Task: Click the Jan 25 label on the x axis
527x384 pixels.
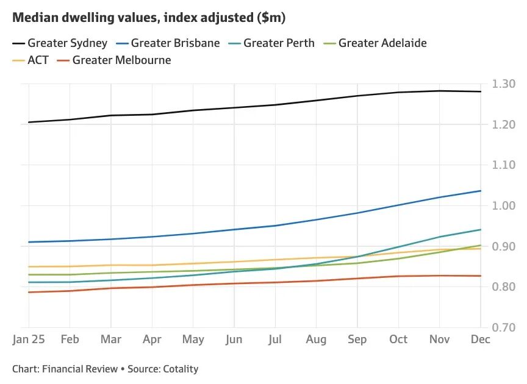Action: click(x=29, y=340)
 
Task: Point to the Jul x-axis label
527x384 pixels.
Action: click(x=274, y=340)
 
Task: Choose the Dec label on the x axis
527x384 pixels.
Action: click(x=480, y=340)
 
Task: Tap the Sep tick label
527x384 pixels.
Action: click(x=357, y=340)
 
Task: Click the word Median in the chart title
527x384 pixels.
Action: click(x=35, y=18)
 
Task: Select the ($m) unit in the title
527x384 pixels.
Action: click(x=270, y=18)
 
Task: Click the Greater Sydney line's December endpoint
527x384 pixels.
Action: click(x=481, y=91)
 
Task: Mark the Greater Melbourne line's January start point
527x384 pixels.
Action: click(x=29, y=292)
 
